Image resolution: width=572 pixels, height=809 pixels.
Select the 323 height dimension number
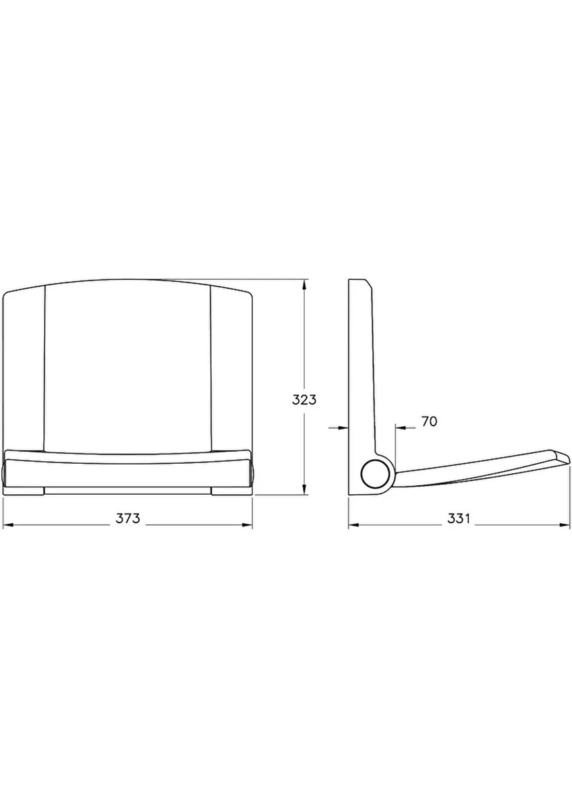tap(304, 400)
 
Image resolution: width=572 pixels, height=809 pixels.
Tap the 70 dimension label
tap(429, 421)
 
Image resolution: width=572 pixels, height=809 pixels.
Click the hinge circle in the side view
tap(376, 473)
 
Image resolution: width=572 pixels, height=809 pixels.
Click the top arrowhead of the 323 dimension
tap(305, 285)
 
